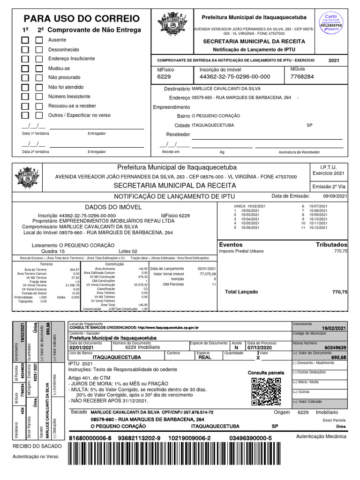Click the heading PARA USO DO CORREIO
(82, 19)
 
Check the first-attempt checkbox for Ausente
(25, 40)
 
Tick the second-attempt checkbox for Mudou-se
(39, 68)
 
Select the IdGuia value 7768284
(302, 76)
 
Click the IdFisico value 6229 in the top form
(164, 76)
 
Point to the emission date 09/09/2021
(335, 196)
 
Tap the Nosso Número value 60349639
(335, 347)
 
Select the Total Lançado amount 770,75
(339, 292)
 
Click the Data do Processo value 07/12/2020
(259, 347)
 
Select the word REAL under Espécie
(205, 357)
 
